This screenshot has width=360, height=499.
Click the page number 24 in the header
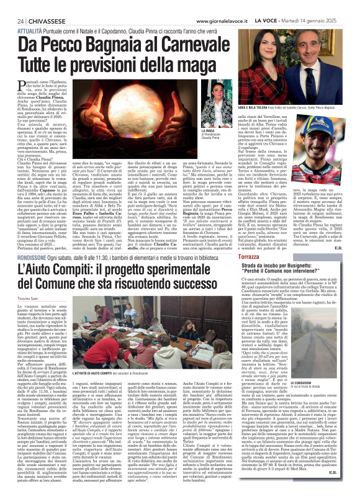(x=11, y=5)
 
